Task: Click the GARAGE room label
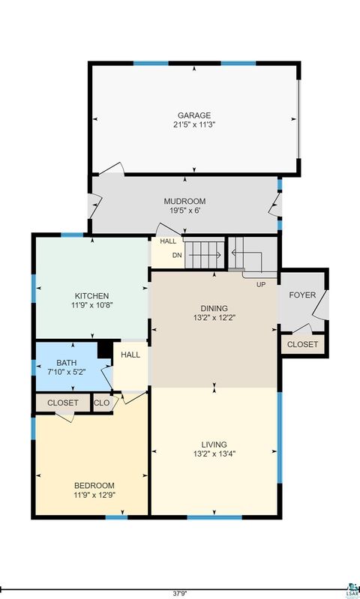194,115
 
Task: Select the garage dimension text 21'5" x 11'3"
194,124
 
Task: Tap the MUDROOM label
184,202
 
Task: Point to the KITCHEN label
91,296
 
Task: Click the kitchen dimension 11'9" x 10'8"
91,305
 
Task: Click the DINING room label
214,308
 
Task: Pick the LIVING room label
214,445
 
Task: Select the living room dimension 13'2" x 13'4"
214,454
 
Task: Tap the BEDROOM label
94,485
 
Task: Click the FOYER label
302,295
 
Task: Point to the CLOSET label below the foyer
302,345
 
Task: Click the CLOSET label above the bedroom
63,403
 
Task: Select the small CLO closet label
102,403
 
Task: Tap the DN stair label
177,255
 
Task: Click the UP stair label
261,285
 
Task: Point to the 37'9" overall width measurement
179,592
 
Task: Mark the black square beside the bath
105,350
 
